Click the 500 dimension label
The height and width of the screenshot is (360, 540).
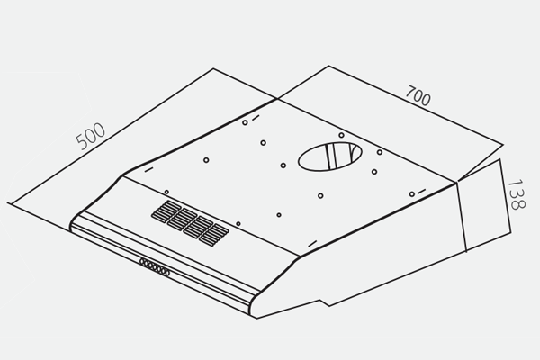[91, 136]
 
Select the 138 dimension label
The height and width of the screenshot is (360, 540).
[517, 194]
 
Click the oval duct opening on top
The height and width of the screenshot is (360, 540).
[330, 157]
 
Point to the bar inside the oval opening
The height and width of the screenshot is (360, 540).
[330, 157]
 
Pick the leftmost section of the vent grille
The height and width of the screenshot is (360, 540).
[166, 211]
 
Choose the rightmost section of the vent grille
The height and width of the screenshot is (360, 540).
[214, 235]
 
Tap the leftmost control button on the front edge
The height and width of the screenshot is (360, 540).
[143, 262]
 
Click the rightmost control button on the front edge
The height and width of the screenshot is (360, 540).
[166, 273]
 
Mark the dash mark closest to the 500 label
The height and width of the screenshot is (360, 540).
[148, 170]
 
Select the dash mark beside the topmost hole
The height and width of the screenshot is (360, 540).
[256, 118]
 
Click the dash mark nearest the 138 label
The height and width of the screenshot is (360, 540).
[421, 191]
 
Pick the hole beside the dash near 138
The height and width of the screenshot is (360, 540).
[412, 194]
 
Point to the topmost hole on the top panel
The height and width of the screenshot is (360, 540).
[245, 122]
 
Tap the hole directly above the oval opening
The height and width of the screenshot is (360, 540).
[341, 135]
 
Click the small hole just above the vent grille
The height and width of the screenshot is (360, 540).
[166, 192]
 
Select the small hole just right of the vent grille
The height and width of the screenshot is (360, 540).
[238, 224]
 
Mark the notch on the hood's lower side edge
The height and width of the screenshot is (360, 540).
[324, 302]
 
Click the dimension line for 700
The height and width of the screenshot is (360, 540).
[416, 105]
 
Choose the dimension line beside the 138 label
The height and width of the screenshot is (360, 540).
[505, 196]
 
